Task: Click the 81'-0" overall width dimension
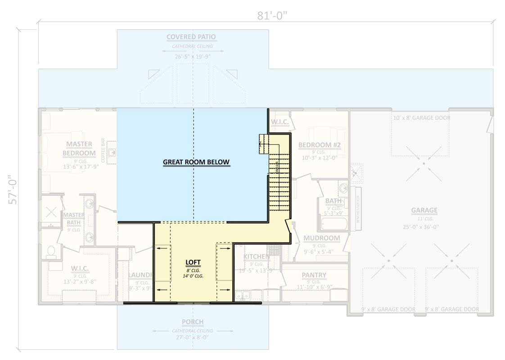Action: (272, 16)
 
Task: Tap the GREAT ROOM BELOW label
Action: (196, 162)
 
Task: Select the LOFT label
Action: (193, 262)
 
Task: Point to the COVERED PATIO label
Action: (191, 37)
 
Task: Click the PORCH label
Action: (193, 322)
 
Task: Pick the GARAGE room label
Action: (424, 210)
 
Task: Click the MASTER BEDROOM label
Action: (79, 148)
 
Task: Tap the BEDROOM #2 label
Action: (319, 145)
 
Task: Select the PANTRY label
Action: (314, 275)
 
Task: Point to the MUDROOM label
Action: (321, 238)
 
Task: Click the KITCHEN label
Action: (256, 256)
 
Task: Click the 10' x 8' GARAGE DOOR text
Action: (421, 118)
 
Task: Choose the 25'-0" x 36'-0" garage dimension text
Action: (424, 227)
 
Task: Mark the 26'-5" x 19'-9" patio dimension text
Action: (193, 57)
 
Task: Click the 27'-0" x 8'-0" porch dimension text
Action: (193, 337)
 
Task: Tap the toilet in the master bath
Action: (50, 251)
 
